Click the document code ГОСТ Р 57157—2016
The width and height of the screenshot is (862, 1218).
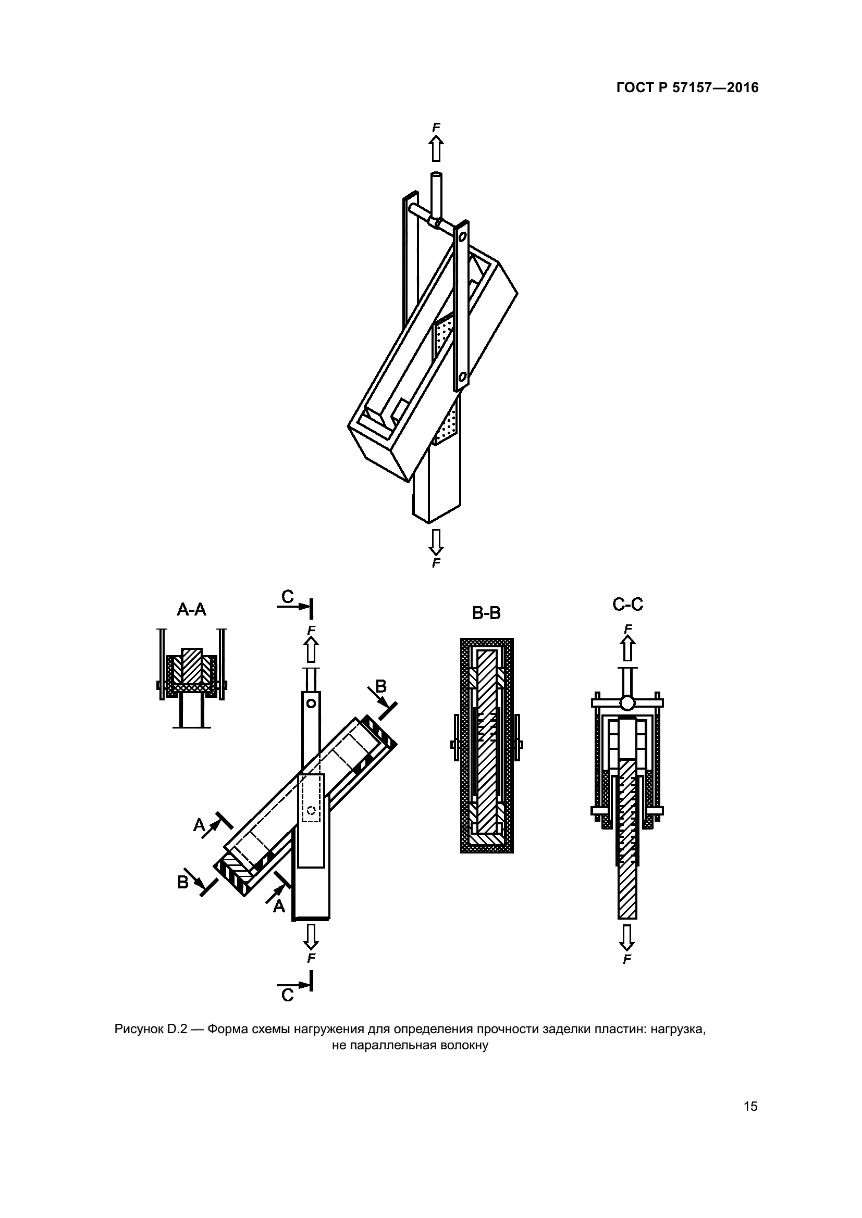coord(687,87)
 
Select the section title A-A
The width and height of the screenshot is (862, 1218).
coord(192,610)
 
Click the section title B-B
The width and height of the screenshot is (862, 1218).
coord(487,613)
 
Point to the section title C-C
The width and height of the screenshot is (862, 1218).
coord(628,604)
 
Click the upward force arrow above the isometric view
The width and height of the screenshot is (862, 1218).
coord(436,148)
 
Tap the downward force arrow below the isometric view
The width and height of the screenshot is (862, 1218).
coord(436,542)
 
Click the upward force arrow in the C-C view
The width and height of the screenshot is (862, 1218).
coord(628,648)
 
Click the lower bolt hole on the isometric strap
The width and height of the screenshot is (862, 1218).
coord(462,376)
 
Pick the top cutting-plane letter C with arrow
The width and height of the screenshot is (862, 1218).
coord(287,598)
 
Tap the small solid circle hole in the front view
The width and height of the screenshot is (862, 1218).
coord(311,704)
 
